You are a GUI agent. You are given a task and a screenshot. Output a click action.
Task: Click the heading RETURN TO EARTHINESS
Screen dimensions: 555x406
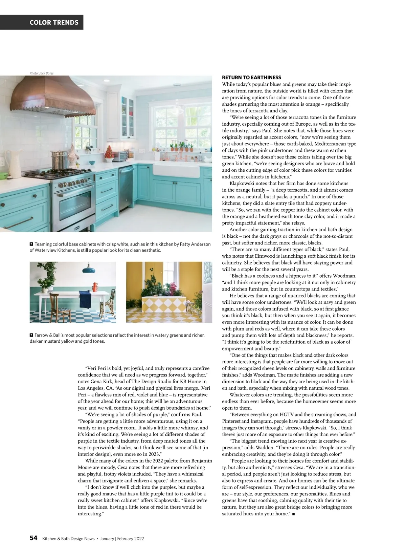(251, 78)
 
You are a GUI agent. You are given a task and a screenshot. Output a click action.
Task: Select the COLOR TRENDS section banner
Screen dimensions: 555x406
(54, 22)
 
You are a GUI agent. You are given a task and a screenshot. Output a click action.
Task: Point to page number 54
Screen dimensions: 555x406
(33, 538)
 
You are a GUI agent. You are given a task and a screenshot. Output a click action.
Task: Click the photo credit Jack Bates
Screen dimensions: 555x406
(42, 73)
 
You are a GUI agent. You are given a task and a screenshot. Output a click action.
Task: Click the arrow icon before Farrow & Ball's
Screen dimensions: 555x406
(31, 335)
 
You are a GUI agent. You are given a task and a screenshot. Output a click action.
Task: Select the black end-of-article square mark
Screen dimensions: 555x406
(293, 514)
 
